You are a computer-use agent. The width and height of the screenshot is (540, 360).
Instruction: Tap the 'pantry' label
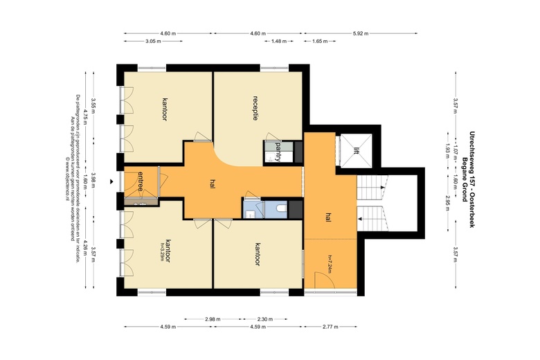point(278,150)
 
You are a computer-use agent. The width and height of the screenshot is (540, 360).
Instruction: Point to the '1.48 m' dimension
point(278,42)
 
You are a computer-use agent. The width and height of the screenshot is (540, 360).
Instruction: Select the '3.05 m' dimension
point(154,42)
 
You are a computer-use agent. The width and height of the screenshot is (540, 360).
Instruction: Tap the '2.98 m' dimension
point(213,319)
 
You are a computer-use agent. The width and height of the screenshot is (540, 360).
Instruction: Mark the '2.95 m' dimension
point(448,204)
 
